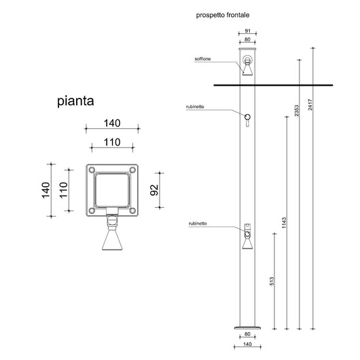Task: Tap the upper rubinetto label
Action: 196,108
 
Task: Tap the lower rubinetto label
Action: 199,223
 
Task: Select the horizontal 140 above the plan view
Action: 112,123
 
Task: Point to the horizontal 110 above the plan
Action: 112,142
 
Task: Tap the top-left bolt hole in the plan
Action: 91,171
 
